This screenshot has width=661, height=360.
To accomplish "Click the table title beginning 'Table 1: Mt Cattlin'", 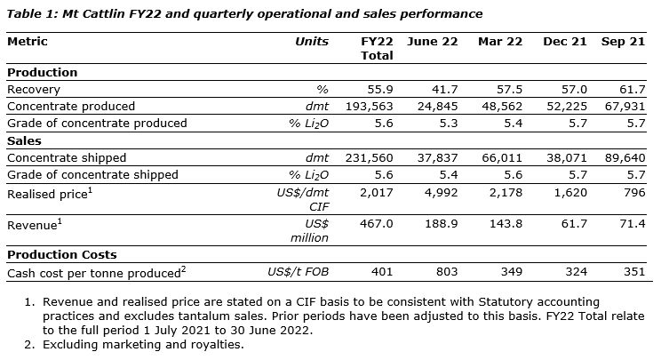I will coord(245,13).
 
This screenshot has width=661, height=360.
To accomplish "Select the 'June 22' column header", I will coord(432,42).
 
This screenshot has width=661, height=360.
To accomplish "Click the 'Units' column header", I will coord(311,42).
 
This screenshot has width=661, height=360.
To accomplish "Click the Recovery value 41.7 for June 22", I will coord(445,90).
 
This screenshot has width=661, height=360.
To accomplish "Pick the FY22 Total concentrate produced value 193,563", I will coord(368,107).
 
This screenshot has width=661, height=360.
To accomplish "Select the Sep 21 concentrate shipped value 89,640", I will coord(625,157).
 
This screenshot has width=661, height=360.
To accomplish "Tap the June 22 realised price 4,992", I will coord(442,192).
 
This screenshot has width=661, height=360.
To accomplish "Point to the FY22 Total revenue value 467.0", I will coord(376,224).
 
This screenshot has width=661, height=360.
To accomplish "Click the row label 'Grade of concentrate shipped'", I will coord(92,174).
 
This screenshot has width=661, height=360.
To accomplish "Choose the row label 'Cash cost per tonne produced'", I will coord(96,272).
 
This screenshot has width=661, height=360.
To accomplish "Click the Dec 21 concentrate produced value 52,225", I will coord(565,107).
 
